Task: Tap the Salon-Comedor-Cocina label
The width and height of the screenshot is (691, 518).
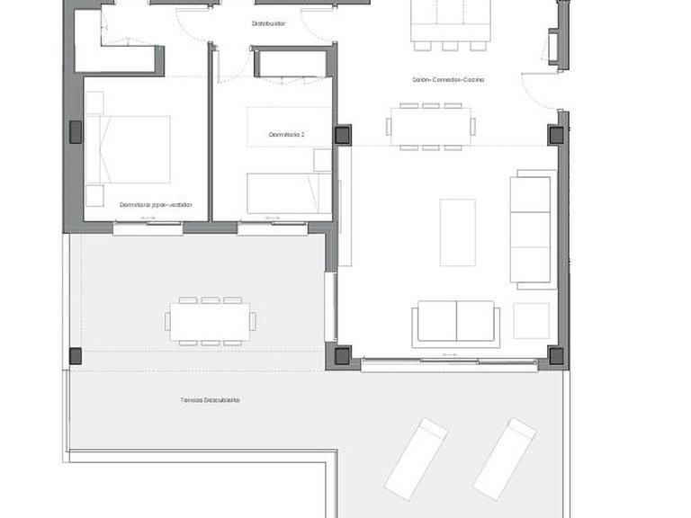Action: click(x=448, y=80)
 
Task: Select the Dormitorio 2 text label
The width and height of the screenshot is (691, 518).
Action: click(x=287, y=135)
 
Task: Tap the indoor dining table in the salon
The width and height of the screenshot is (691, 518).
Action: click(x=430, y=127)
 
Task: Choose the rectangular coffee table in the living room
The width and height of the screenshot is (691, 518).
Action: click(x=457, y=232)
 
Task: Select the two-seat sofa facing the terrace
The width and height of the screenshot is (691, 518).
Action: click(x=456, y=322)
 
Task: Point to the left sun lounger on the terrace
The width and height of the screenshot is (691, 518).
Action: click(x=416, y=458)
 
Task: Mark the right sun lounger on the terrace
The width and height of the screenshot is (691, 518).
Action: click(x=505, y=458)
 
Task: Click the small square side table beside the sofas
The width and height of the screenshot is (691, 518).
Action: click(x=531, y=321)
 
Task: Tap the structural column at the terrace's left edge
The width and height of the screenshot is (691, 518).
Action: click(x=75, y=356)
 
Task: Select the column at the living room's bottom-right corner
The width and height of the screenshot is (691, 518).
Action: click(x=556, y=355)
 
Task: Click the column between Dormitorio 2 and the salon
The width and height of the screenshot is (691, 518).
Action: click(x=343, y=135)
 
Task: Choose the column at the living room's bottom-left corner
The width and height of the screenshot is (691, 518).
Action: click(x=343, y=355)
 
